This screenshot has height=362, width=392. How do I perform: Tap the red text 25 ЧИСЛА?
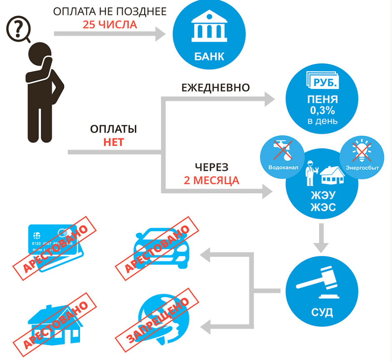[x=110, y=25]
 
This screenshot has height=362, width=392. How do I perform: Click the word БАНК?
[x=209, y=56]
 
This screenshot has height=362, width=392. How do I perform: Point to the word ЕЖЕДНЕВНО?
[x=215, y=88]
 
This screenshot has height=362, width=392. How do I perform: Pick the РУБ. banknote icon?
[x=322, y=82]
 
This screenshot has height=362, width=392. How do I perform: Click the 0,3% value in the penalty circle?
[x=322, y=111]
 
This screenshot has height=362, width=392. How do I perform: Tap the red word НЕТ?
[x=113, y=142]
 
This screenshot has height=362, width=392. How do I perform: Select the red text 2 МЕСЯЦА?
[x=211, y=181]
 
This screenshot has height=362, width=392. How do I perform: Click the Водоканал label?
[x=284, y=167]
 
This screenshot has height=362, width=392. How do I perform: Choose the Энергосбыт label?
[x=359, y=167]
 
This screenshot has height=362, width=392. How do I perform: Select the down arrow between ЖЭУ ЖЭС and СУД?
[x=323, y=238]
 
